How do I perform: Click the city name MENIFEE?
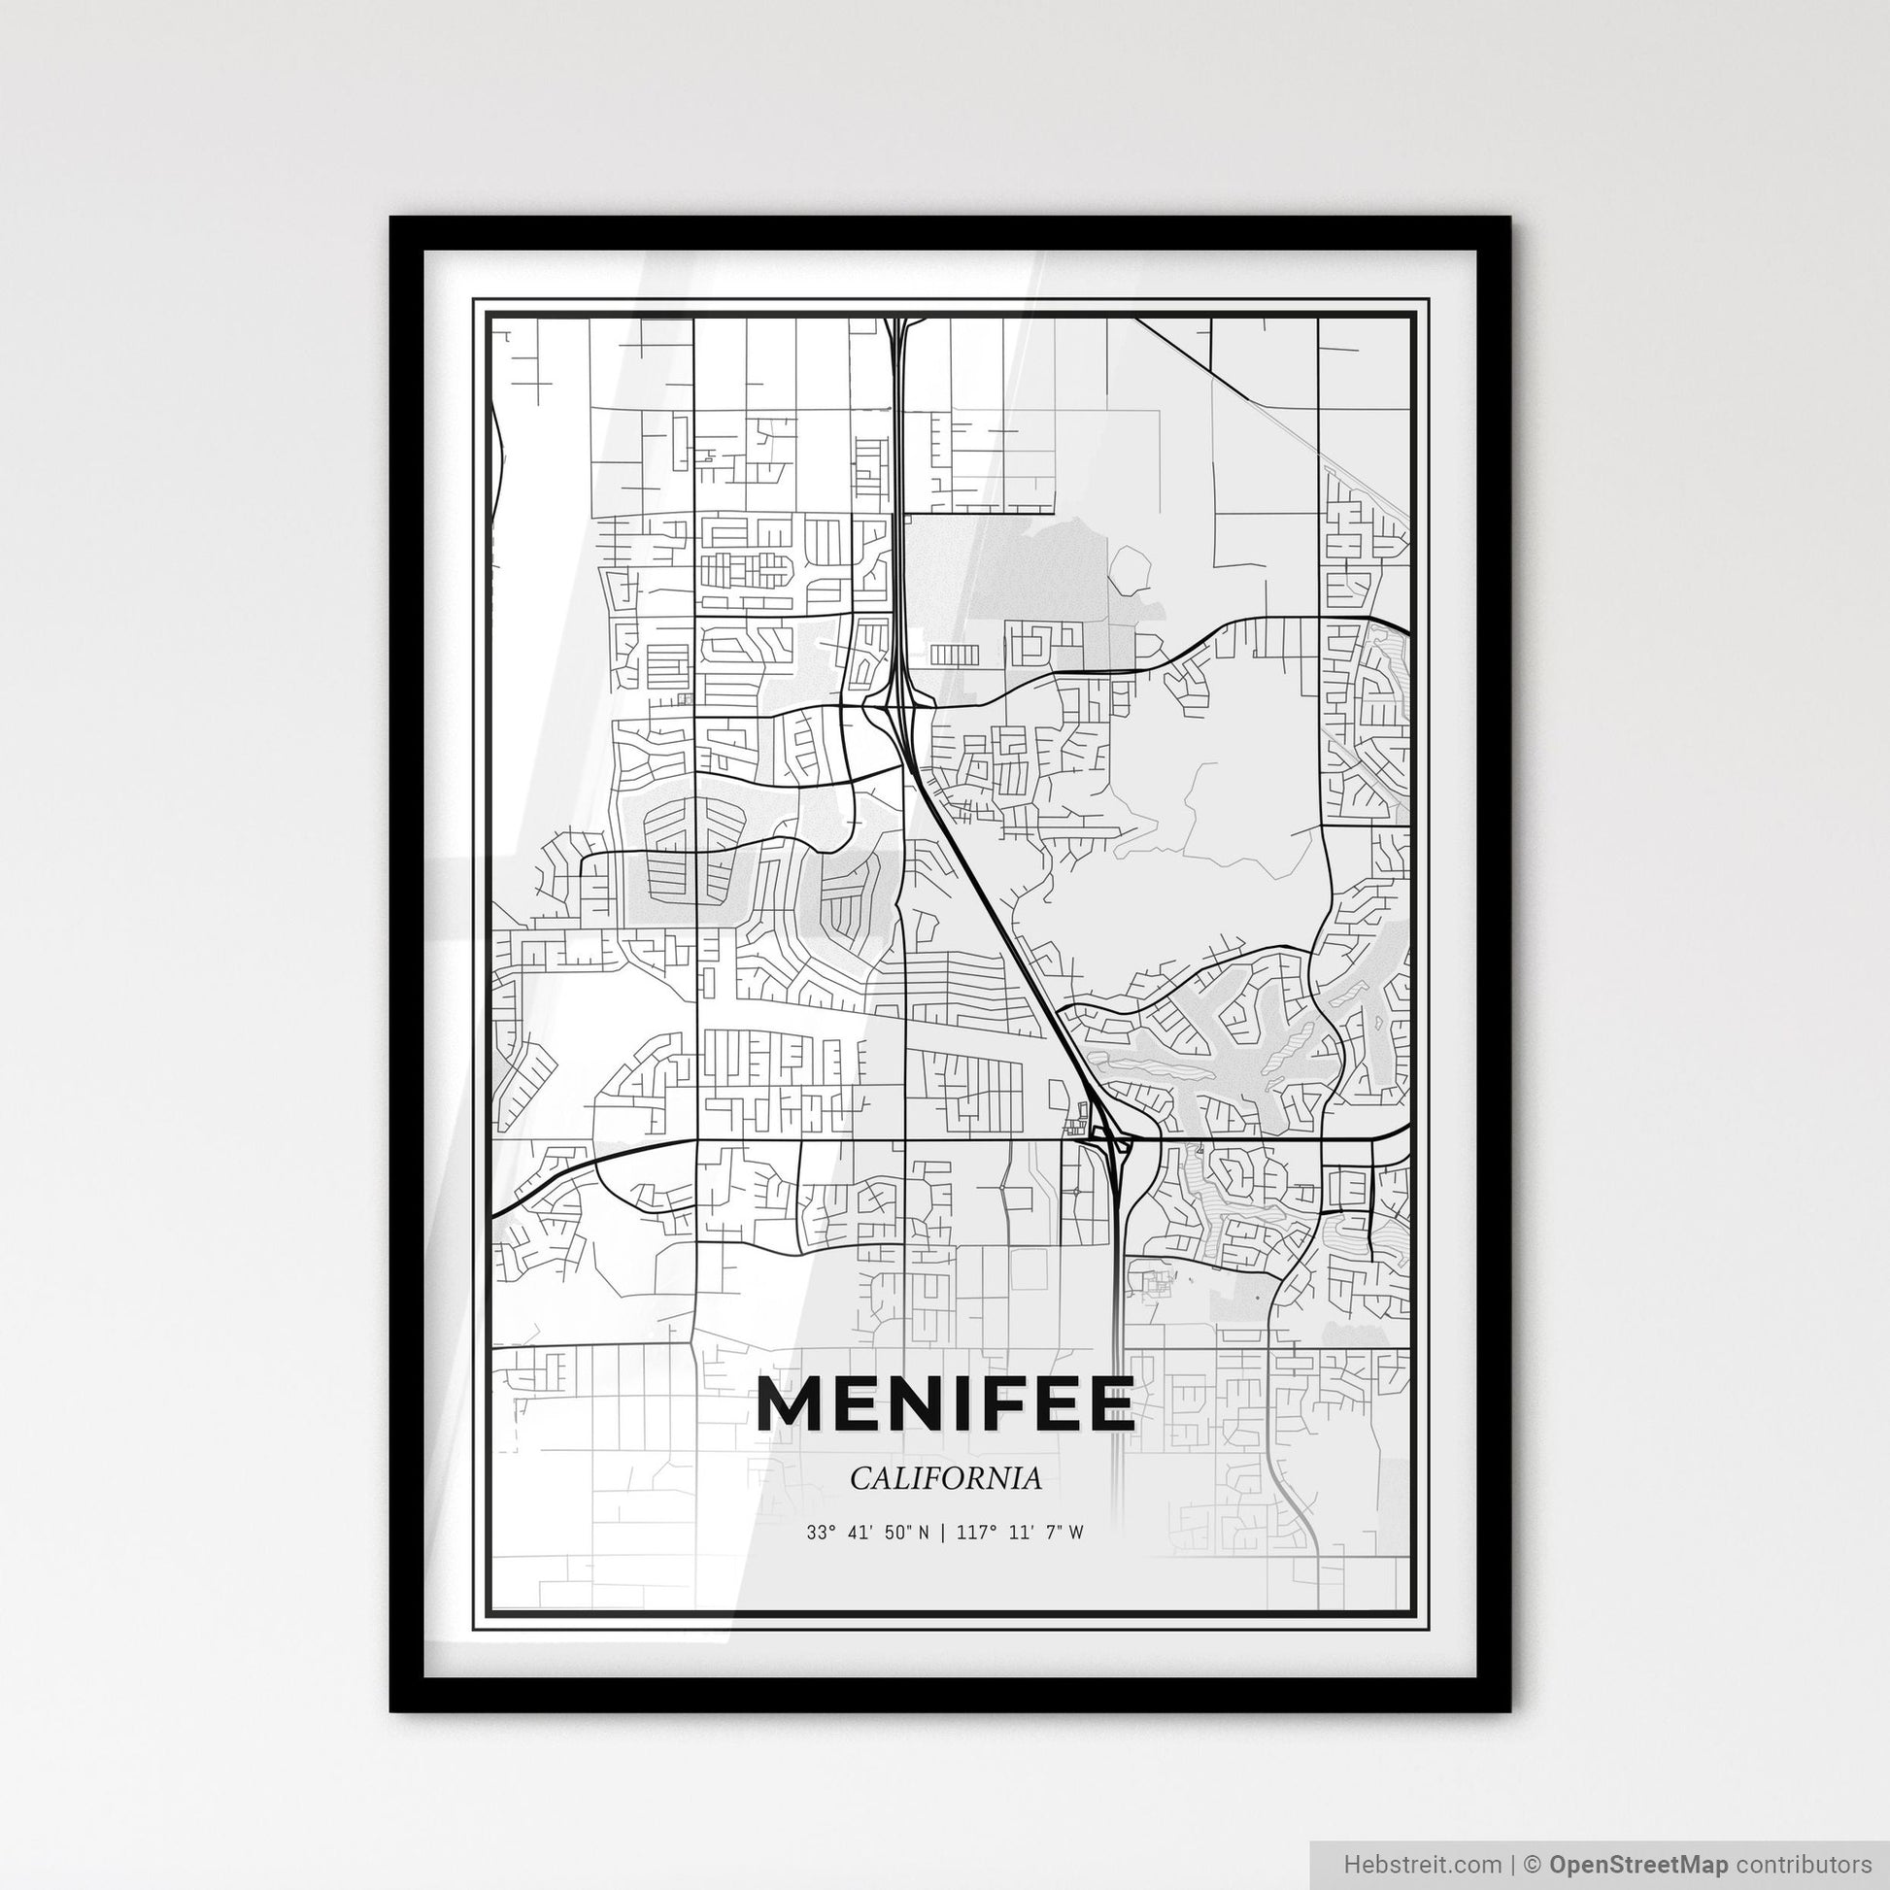click(945, 1404)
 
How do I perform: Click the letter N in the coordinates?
click(925, 1533)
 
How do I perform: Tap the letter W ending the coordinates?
click(1076, 1533)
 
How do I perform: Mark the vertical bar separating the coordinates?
click(941, 1533)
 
